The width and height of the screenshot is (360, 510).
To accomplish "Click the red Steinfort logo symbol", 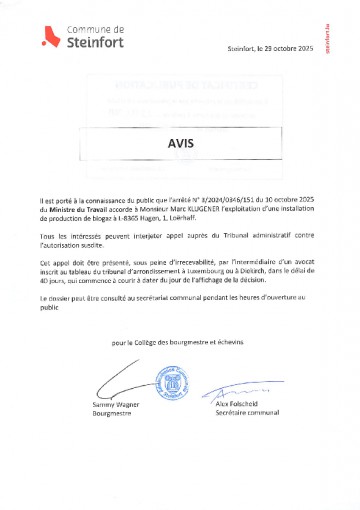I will point(44,38).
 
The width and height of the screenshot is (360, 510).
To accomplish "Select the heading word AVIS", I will point(181,142).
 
